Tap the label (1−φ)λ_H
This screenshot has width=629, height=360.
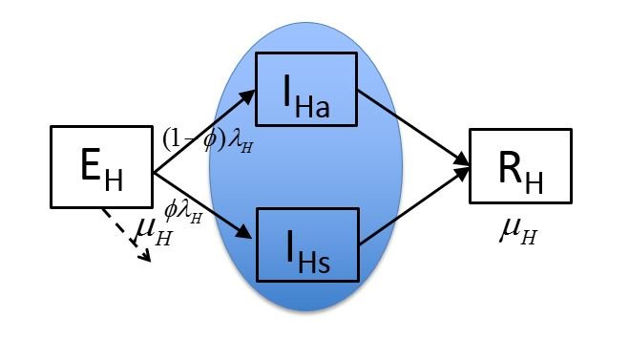[207, 140]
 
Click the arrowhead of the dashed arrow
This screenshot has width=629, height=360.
[146, 255]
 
